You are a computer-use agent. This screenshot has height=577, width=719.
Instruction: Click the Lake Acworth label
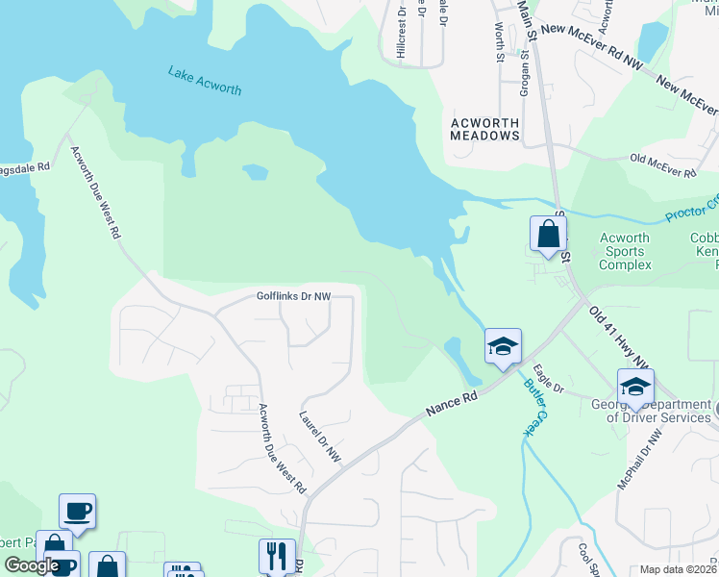coord(204,80)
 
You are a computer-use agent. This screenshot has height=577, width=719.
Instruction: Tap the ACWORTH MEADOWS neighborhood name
coord(485,129)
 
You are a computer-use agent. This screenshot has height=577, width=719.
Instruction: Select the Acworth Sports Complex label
coord(625,251)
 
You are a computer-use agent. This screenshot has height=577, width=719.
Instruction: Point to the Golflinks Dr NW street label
coord(293,296)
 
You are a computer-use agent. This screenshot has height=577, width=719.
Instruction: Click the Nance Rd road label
coord(451,401)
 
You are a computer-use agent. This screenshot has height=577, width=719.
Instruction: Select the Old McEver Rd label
coord(662,164)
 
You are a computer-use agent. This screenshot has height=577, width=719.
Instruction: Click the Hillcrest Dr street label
coord(401,34)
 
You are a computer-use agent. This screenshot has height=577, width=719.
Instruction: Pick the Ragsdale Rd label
coord(25,166)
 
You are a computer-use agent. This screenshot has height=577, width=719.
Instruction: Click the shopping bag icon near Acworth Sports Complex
coord(547,234)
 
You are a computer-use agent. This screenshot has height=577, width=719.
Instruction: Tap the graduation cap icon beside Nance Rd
coord(502,347)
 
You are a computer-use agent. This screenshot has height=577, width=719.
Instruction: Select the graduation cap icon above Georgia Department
coord(634,388)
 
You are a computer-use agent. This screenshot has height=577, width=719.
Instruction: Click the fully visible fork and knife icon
coord(276,555)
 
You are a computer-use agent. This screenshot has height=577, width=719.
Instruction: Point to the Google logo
coord(32,566)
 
